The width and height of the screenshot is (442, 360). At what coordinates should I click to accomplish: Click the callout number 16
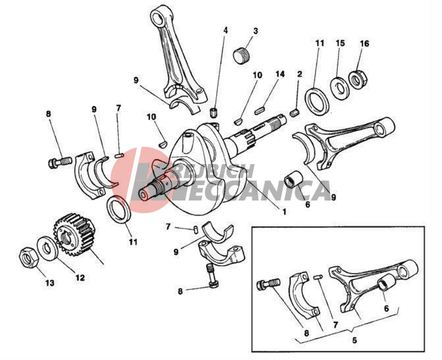coord(364,44)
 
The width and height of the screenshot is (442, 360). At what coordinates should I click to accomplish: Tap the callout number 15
coord(341,43)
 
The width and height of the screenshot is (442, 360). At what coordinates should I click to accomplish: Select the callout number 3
coord(256,31)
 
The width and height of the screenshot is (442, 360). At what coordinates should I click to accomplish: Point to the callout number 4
coord(225,30)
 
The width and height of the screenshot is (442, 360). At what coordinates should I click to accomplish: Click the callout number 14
coord(280,75)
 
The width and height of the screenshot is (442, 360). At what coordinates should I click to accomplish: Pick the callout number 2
coord(300,75)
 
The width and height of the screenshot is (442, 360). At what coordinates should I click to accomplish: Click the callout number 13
coord(49,283)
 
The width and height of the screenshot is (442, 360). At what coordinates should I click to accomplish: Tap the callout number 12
coord(80,278)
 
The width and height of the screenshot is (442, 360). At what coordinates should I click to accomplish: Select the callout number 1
coord(284,211)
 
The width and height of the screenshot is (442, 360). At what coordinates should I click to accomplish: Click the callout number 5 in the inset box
coord(354,340)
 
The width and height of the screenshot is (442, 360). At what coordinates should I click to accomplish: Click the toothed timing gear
coord(73,235)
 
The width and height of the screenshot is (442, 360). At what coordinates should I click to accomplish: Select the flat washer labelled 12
coord(48,249)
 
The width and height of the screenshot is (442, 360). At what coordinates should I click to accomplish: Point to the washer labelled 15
coord(340,88)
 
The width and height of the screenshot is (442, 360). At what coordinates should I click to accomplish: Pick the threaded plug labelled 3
coord(242,56)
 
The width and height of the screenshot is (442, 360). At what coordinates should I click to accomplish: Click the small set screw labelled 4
coord(215,113)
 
